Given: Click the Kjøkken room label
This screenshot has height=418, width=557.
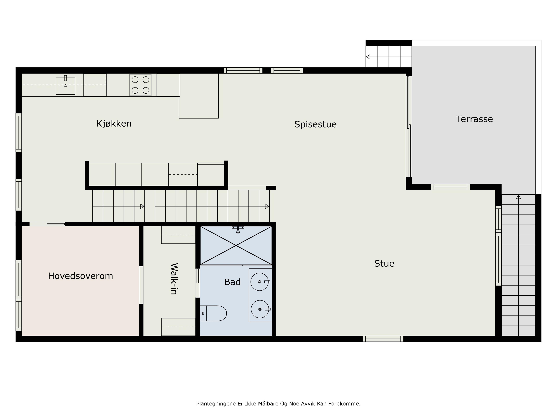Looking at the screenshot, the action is (x=114, y=124).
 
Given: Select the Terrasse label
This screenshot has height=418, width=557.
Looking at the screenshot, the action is (x=474, y=119).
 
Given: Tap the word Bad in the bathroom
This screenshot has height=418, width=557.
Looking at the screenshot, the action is (x=232, y=282).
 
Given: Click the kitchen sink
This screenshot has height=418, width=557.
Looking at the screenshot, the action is (x=65, y=86).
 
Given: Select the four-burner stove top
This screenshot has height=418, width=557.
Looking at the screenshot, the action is (x=141, y=85).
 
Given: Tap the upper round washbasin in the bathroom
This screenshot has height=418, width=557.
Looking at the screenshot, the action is (x=260, y=282).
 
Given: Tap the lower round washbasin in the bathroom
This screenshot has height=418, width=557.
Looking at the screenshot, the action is (x=260, y=309).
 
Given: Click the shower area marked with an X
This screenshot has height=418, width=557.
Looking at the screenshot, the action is (x=236, y=245).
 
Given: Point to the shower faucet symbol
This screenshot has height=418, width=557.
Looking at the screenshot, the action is (x=238, y=229).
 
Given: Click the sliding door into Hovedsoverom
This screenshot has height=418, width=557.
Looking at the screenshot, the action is (x=47, y=224).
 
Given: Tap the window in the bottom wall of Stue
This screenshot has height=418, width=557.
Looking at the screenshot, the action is (x=383, y=339).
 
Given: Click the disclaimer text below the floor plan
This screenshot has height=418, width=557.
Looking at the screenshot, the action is (x=278, y=404).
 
